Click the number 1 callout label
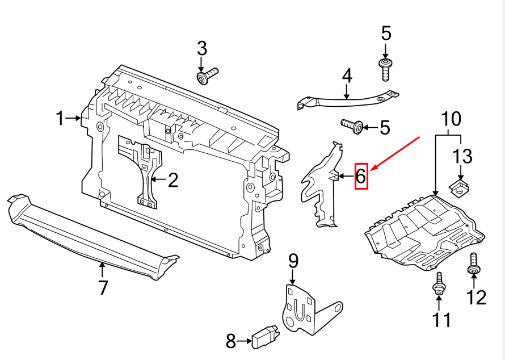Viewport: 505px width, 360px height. [60, 118]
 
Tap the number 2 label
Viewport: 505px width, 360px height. [172, 181]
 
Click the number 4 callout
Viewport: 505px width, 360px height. [347, 76]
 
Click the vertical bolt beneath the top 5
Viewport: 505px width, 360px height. [386, 68]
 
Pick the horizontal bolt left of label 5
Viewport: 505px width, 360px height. [352, 126]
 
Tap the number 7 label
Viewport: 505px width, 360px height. [103, 287]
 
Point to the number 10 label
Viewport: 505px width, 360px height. [452, 120]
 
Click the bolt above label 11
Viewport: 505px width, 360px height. [439, 284]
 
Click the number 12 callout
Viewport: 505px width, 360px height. [476, 296]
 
